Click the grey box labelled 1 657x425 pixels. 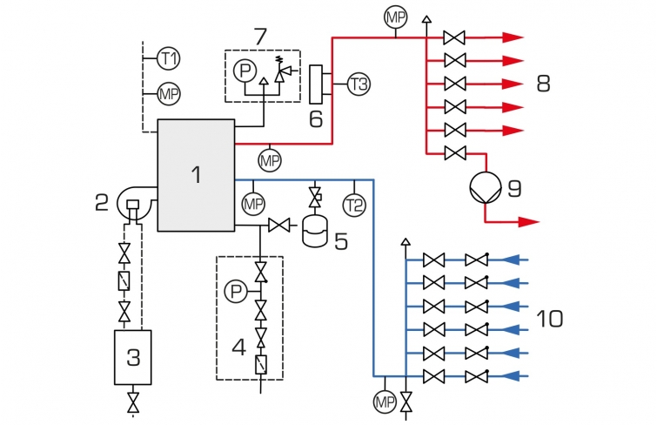196,175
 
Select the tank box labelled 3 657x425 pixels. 133,357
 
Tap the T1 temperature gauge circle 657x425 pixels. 169,58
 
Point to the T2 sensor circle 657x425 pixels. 354,206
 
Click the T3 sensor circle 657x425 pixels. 359,84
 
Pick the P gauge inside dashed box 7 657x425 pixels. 245,71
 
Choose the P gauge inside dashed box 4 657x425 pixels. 237,291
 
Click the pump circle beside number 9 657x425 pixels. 486,187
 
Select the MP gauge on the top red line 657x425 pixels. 396,17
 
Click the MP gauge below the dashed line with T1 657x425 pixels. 169,94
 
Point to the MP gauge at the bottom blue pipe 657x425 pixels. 385,402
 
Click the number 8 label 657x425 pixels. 544,84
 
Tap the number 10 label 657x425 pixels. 550,319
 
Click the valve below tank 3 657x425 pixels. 133,402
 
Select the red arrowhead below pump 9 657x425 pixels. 528,221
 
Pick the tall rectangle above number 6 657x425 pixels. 316,84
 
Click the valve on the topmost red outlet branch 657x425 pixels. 454,37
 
